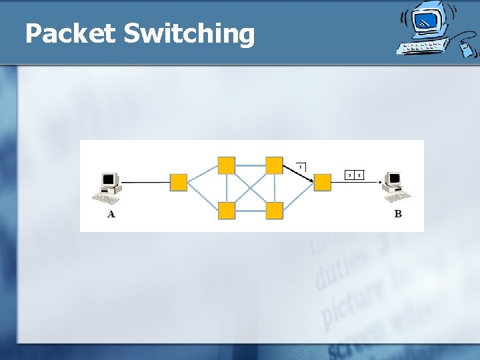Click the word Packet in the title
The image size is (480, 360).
tap(70, 33)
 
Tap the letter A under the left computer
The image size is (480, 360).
tap(111, 214)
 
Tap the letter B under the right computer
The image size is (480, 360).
tap(398, 214)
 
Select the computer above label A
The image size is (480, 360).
tap(109, 187)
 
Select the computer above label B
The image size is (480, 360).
tap(396, 186)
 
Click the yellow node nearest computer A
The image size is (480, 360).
tap(179, 183)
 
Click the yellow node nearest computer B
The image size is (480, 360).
tap(322, 182)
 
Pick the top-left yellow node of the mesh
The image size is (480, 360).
tap(227, 165)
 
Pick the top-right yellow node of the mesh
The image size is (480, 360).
tap(274, 165)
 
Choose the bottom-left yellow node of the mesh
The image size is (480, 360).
tap(227, 211)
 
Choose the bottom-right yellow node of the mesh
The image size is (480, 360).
tap(274, 211)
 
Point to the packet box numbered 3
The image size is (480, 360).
tap(349, 175)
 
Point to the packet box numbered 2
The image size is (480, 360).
tap(359, 175)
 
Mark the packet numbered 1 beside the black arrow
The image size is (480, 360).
tap(301, 166)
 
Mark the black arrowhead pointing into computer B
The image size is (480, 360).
tap(380, 182)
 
